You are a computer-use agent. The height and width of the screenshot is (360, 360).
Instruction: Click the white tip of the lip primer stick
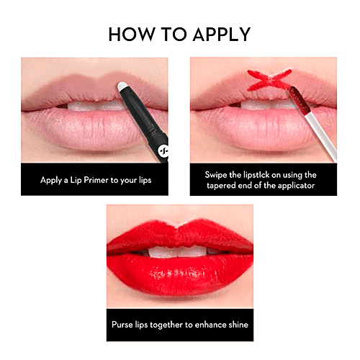(123, 88)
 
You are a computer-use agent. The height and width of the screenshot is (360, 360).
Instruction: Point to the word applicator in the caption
(297, 185)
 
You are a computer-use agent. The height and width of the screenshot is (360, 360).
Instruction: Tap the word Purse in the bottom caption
(123, 325)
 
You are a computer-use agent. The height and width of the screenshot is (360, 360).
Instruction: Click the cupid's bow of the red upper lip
(179, 229)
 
